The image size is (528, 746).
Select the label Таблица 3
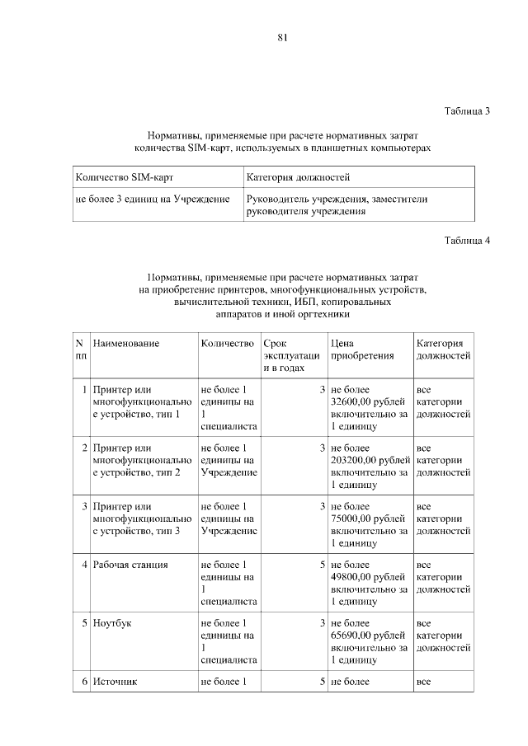click(467, 110)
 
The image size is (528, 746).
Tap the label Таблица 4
click(467, 241)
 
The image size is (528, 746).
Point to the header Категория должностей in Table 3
click(298, 177)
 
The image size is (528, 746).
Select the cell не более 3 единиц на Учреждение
click(153, 199)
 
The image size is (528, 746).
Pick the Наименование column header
click(126, 343)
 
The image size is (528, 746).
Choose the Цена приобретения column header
click(360, 350)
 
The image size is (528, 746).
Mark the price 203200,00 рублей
click(370, 460)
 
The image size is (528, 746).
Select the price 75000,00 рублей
click(368, 518)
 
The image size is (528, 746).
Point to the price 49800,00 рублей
click(368, 577)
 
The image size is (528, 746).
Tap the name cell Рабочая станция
click(131, 565)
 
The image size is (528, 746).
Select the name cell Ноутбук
click(113, 623)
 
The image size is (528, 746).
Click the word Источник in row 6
click(115, 682)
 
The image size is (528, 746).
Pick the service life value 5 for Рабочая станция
click(323, 565)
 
